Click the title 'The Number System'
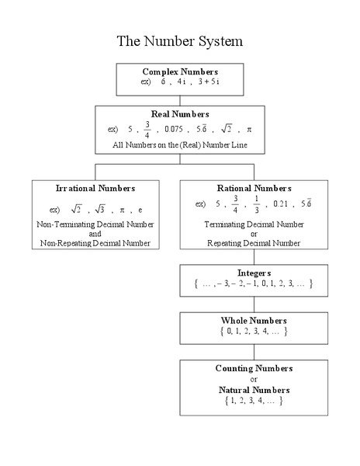pos(179,40)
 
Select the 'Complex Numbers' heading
pos(179,71)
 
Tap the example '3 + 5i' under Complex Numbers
pos(207,82)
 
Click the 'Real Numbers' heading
pos(179,114)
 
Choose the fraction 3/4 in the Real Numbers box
pos(147,129)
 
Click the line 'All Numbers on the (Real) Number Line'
pos(179,145)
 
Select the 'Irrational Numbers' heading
pos(95,188)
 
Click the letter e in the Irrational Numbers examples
pos(140,210)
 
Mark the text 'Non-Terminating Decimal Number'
pos(95,224)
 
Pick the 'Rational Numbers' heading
pos(254,188)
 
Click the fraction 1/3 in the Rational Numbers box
pos(257,203)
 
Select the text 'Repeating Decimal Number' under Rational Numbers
pos(254,243)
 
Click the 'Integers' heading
pos(254,273)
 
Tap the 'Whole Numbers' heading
pos(254,320)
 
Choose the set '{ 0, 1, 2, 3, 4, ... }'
pos(254,331)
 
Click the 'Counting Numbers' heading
pos(254,367)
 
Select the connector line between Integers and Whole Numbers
pos(254,304)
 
